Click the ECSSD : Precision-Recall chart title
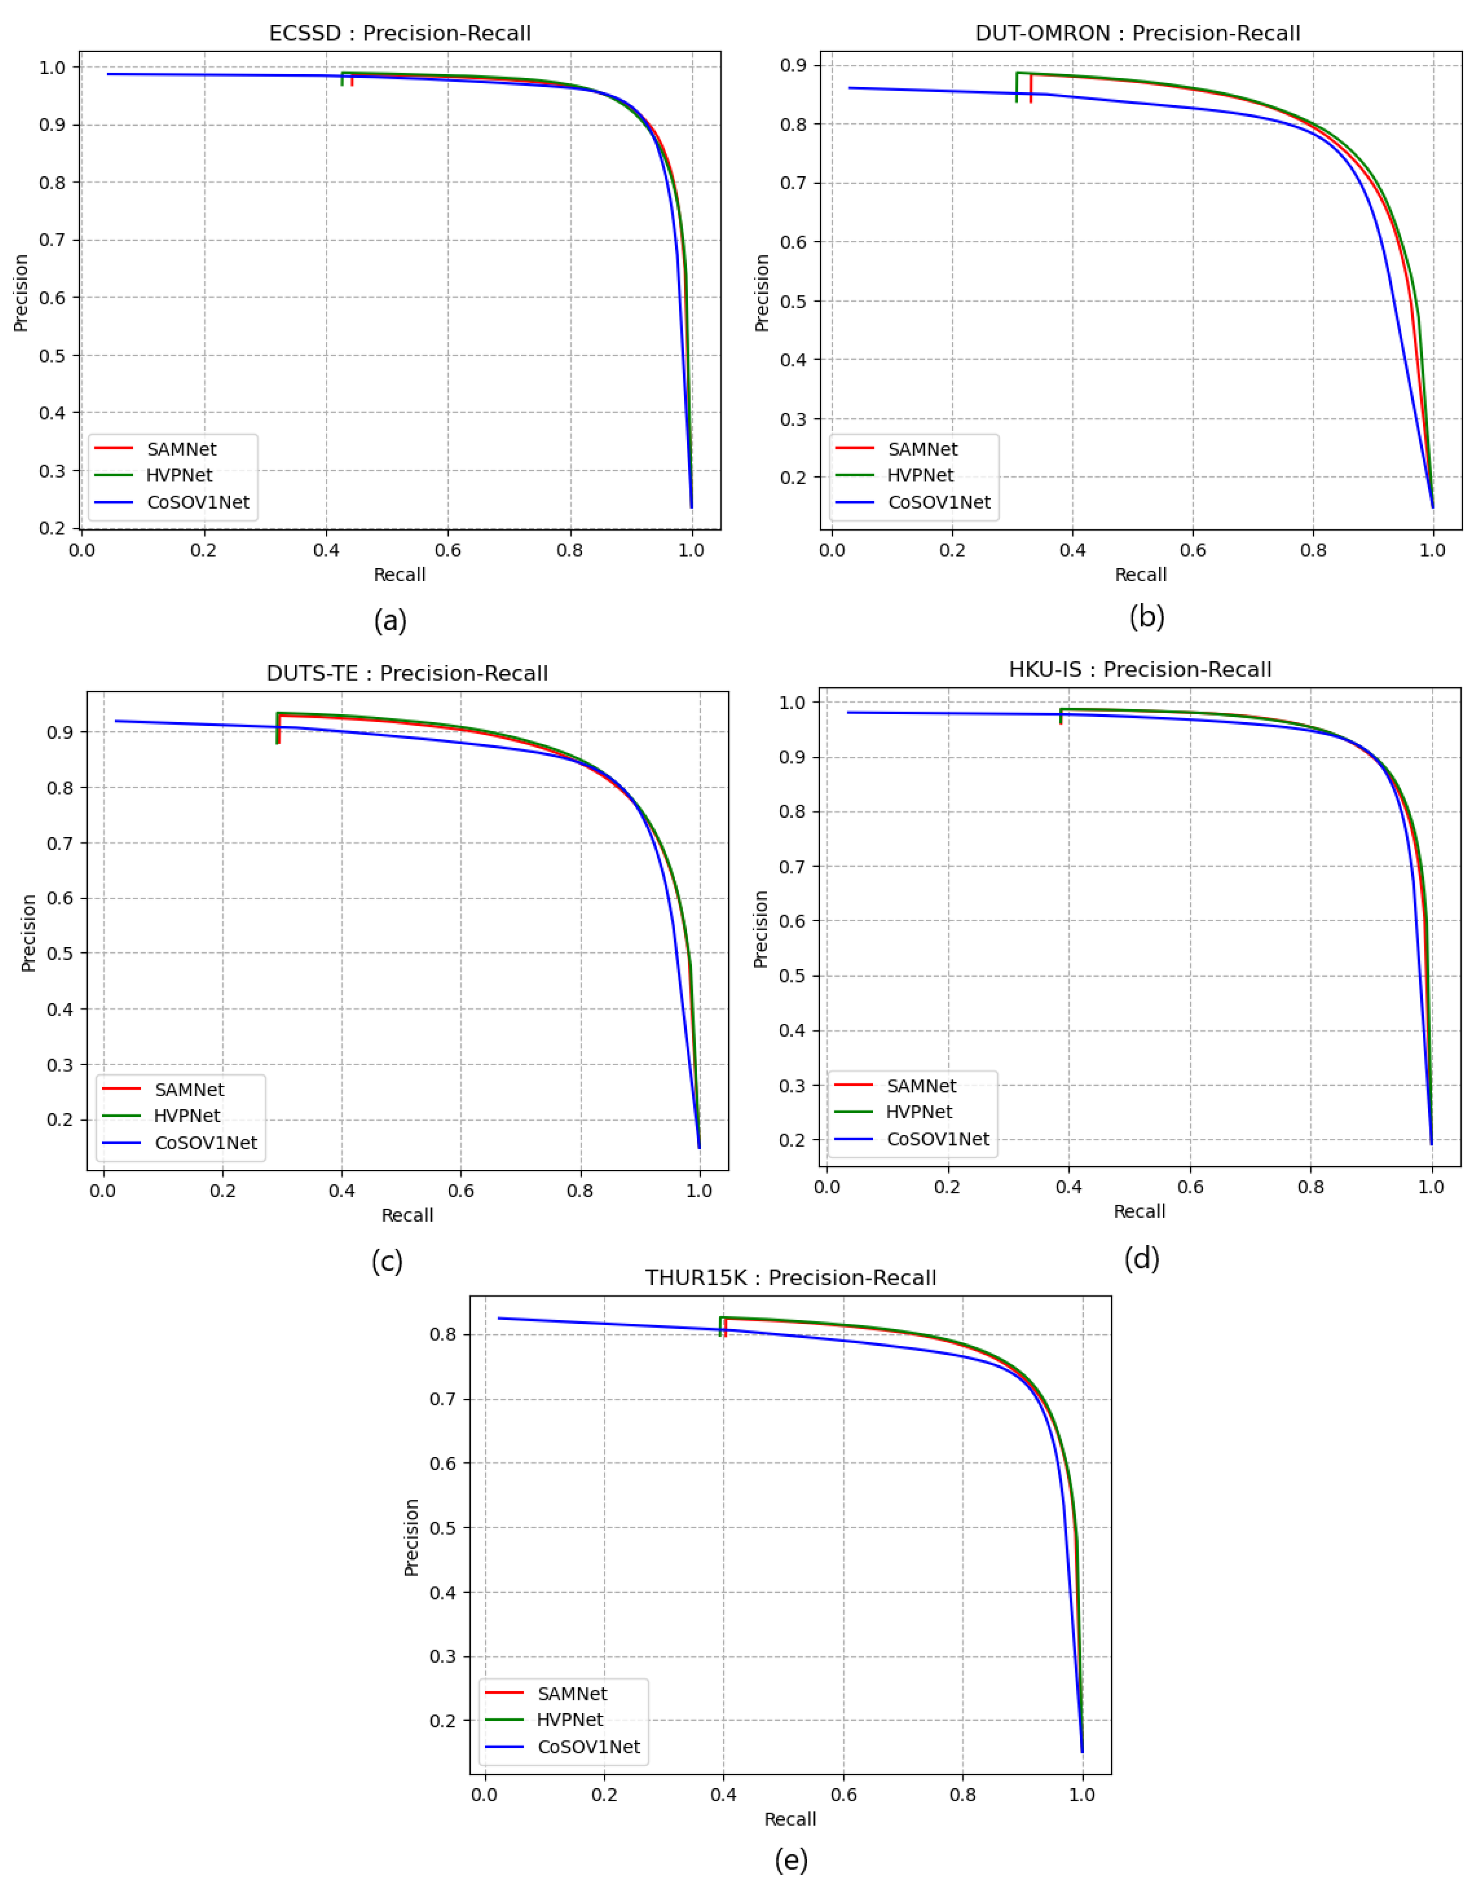coord(399,34)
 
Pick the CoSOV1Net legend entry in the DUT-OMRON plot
coord(938,502)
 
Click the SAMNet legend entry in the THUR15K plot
coord(571,1694)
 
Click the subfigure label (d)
coord(1141,1259)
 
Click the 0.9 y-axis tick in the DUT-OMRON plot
coord(793,66)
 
